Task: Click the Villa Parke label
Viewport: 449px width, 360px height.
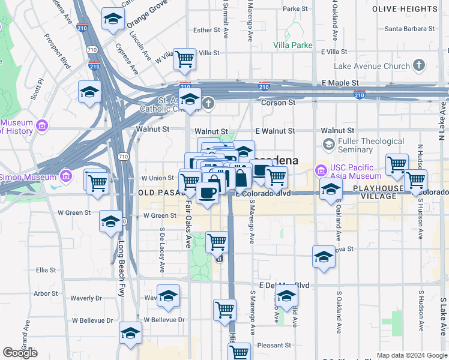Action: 293,45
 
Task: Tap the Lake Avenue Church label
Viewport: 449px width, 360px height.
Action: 372,65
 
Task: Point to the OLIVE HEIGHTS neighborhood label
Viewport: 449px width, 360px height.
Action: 413,10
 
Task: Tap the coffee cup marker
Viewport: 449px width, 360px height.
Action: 208,193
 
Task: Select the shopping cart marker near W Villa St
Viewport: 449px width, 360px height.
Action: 185,59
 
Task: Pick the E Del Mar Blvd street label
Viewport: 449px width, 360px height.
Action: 284,285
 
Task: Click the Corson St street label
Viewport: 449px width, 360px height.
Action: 277,103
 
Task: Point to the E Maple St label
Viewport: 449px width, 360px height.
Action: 340,83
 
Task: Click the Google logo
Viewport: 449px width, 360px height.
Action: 20,352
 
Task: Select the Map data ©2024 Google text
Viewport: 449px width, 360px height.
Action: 411,355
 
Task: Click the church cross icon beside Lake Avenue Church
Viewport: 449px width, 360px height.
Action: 418,65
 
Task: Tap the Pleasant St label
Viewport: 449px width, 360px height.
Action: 274,346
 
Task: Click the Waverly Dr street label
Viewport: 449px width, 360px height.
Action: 86,298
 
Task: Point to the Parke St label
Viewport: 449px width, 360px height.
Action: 295,9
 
